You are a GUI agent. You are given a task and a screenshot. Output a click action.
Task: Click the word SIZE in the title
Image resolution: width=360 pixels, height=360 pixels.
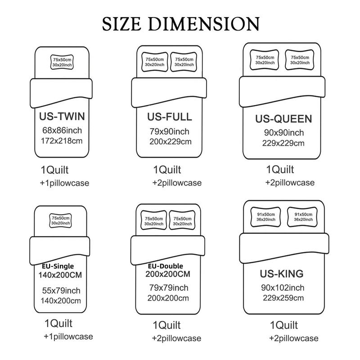pos(121,24)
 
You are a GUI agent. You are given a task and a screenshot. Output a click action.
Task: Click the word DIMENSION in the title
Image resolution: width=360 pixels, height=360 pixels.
pos(204,24)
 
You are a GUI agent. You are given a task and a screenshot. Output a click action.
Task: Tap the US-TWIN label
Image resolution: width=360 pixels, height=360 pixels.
pos(62,116)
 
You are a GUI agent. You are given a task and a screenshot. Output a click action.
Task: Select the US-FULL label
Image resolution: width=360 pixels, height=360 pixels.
pos(170,117)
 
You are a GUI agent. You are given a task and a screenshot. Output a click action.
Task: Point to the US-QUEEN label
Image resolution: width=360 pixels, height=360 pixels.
pos(283,119)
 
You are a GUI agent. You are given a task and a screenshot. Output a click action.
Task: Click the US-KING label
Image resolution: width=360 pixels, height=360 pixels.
pos(282,274)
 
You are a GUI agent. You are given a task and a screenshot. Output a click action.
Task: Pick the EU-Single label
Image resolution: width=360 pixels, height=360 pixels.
pos(58,266)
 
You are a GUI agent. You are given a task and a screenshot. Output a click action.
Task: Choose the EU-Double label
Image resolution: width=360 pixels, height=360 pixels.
pos(166,266)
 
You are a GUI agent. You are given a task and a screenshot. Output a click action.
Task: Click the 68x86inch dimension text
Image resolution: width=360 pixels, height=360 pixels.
pos(62,130)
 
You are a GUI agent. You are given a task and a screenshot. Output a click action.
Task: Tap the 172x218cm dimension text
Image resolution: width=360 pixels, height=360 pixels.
pos(62,141)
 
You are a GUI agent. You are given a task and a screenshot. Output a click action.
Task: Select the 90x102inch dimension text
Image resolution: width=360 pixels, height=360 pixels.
pos(283,288)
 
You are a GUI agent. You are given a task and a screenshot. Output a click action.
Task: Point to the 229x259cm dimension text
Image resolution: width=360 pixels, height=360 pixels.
pos(283,298)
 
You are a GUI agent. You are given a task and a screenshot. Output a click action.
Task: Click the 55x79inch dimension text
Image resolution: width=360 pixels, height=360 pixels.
pos(61,291)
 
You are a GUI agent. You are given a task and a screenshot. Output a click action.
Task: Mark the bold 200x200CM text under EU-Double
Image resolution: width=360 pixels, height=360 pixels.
pos(168,274)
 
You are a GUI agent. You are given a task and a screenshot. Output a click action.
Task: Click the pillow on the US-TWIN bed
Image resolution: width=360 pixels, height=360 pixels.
pos(62,62)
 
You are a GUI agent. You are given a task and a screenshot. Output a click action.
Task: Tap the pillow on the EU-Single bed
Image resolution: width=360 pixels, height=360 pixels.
pos(61,220)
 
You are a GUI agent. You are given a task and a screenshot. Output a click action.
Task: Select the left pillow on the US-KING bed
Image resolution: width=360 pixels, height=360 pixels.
pos(266,217)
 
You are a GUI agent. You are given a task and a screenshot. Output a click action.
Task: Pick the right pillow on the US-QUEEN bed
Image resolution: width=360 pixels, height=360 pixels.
pos(300,60)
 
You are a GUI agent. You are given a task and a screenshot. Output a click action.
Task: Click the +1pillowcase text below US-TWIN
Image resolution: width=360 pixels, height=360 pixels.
pos(64,183)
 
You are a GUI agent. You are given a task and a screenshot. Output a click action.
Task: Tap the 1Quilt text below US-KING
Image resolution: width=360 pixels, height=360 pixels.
pos(284,325)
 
